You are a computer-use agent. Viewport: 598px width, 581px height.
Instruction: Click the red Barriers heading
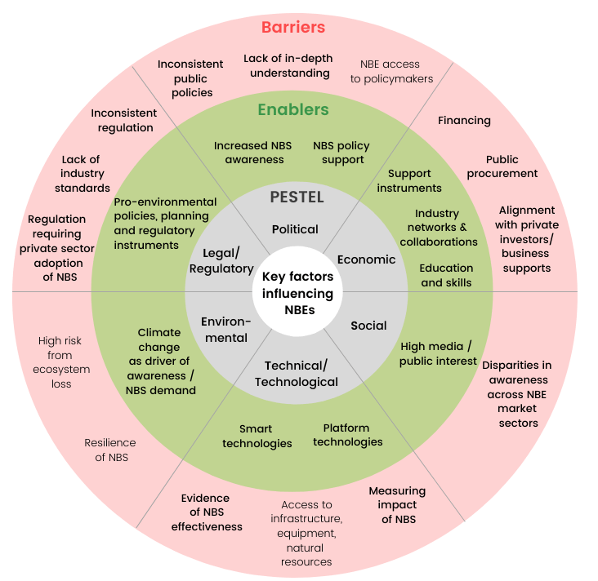click(x=292, y=28)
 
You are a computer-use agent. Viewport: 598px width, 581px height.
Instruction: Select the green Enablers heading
click(x=292, y=109)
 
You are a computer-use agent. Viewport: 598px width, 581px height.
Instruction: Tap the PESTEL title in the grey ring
click(x=297, y=197)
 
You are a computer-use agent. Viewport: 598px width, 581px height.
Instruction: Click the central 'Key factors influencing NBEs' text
click(x=297, y=293)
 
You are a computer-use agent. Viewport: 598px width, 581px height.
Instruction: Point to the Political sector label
click(x=295, y=229)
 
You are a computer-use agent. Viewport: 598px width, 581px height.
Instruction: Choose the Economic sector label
click(x=366, y=259)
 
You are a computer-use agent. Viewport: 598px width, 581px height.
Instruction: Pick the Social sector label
click(x=368, y=326)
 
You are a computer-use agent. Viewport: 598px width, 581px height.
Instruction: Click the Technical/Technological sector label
click(x=296, y=374)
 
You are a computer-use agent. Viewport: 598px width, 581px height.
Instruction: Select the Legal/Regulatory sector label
click(x=221, y=261)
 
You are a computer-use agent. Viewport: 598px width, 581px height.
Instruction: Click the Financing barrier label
click(x=464, y=121)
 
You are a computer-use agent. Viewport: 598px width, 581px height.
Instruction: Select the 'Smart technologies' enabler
click(x=257, y=436)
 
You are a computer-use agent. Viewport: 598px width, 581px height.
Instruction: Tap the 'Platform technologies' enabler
click(x=347, y=435)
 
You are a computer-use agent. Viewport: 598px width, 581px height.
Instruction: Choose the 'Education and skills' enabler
click(x=446, y=275)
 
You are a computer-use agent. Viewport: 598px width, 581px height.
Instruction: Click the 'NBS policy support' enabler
click(x=341, y=153)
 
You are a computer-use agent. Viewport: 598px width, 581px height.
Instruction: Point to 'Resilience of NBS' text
click(x=110, y=450)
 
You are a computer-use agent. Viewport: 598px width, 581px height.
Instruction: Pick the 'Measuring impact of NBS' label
click(x=397, y=505)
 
